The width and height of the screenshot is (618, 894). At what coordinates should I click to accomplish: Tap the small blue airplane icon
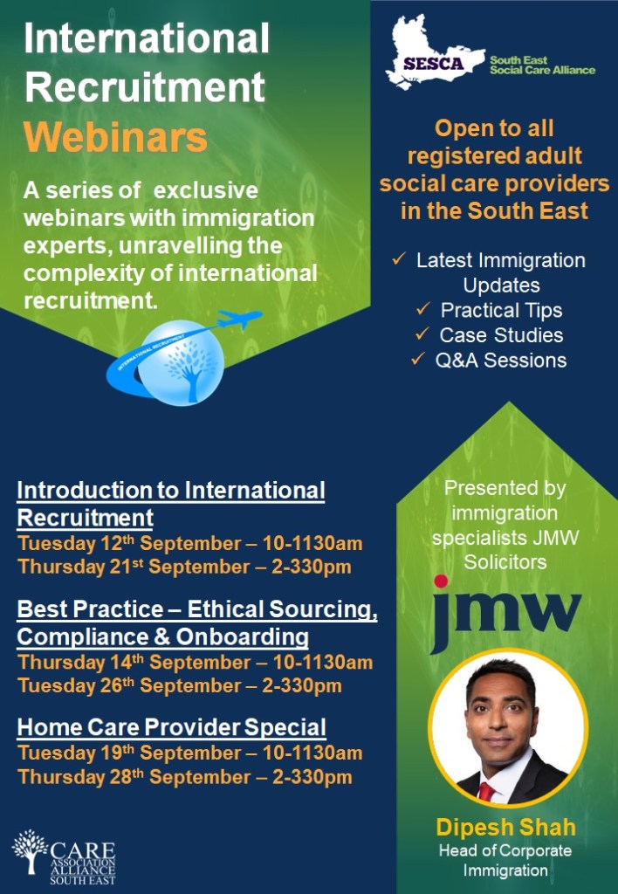[240, 319]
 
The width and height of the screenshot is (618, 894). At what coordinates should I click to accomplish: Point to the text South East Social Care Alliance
[542, 65]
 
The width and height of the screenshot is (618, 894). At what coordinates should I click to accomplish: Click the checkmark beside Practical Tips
[422, 309]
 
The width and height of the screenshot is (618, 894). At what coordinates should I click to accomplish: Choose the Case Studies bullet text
[501, 335]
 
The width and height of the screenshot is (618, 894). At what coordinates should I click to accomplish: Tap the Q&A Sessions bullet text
[500, 360]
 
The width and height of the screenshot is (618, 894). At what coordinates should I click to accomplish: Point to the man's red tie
[486, 791]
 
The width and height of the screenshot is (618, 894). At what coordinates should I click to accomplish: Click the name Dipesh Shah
[506, 826]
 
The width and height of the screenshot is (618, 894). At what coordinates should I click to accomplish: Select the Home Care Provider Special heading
[172, 726]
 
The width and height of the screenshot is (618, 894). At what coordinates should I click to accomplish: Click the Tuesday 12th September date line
[189, 543]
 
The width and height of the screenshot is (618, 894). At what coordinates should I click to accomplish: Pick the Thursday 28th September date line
[185, 776]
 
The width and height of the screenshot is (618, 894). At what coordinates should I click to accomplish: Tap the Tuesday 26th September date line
[180, 685]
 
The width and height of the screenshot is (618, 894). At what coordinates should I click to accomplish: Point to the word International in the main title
[147, 39]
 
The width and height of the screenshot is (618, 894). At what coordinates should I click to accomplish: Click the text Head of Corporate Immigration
[505, 860]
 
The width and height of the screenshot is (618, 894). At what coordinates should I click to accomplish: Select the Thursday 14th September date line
[195, 662]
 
